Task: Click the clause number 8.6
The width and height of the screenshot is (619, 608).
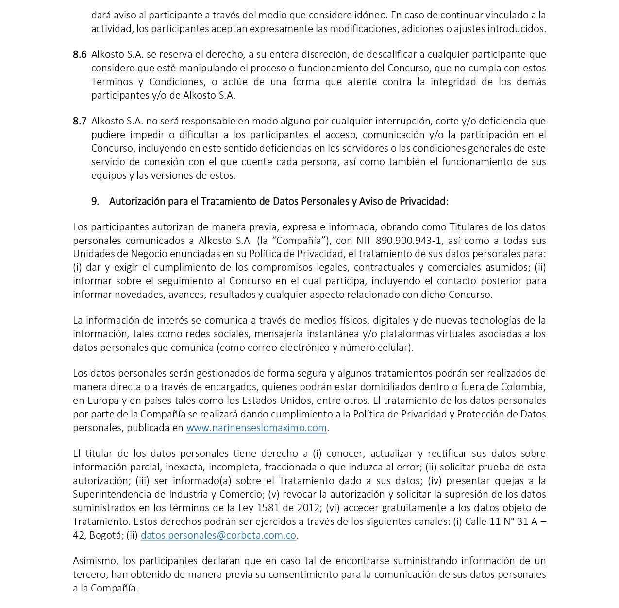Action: pos(80,54)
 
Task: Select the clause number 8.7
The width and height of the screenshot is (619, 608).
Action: pos(80,121)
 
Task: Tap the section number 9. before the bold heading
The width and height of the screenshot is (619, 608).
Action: pos(95,201)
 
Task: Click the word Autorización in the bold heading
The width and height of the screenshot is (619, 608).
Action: pos(137,201)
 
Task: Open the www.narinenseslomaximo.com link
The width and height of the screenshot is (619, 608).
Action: pos(256,428)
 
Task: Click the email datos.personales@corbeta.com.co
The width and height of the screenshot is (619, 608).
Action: pos(218,535)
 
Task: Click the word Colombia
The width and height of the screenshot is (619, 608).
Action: pos(525,387)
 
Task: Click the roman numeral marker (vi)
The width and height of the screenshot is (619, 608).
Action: pos(332,508)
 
